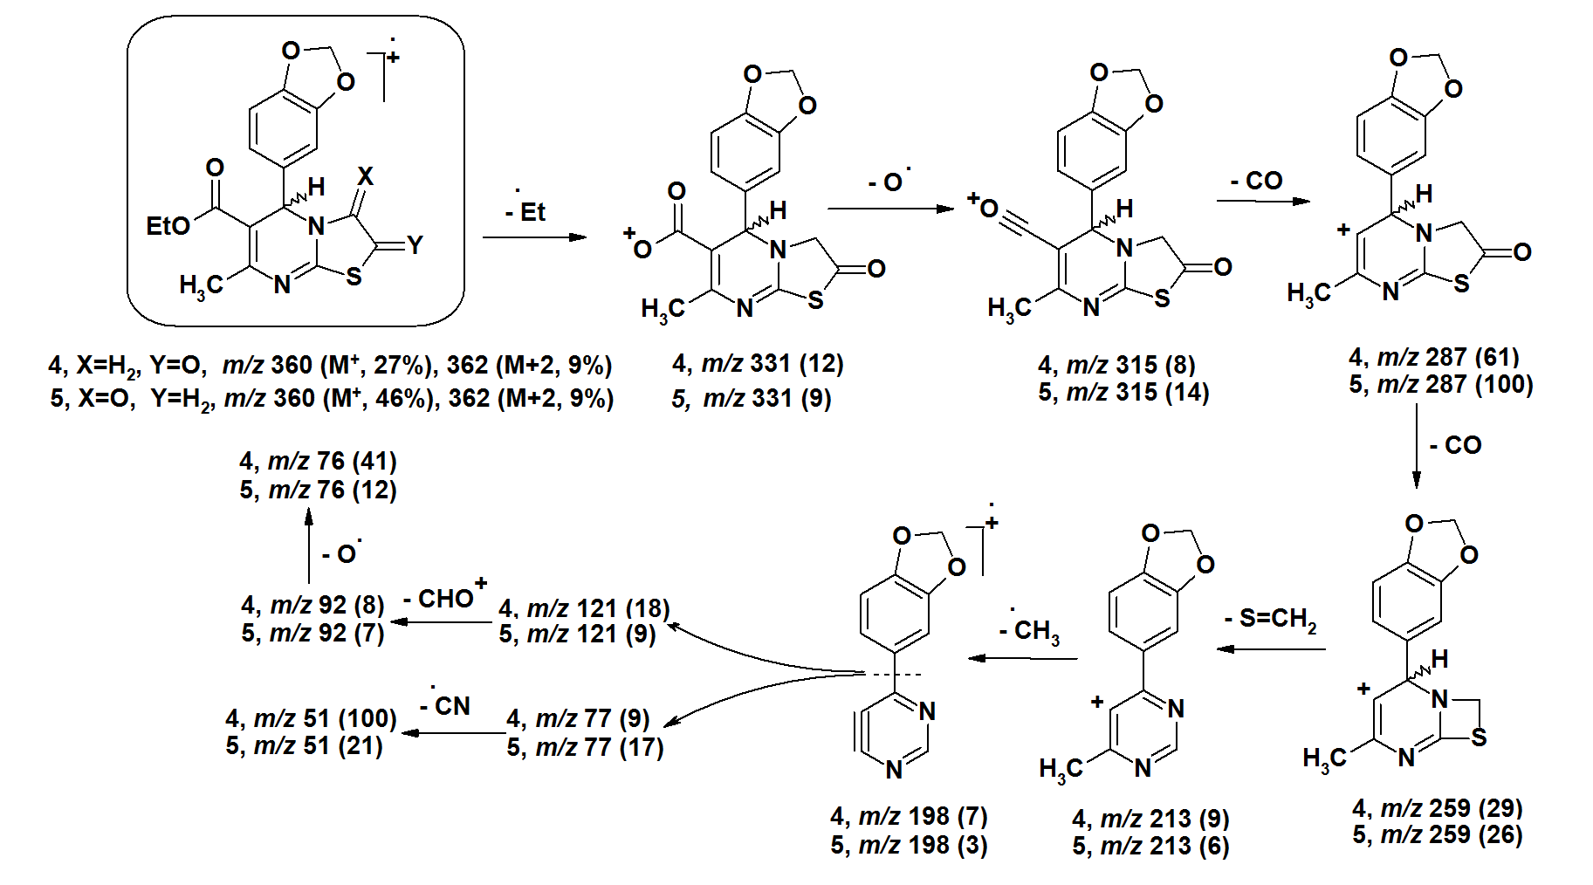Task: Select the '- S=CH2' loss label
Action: click(1271, 619)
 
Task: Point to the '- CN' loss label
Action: click(446, 704)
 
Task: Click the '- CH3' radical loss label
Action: click(1031, 630)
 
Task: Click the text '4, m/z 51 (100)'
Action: click(311, 718)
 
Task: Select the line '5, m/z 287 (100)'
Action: click(1440, 384)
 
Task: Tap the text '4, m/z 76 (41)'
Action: click(318, 461)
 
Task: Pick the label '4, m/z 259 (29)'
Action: click(1437, 807)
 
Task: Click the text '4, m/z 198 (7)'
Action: click(909, 816)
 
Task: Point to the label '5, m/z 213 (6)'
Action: click(1150, 846)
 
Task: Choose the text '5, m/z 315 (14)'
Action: click(1123, 392)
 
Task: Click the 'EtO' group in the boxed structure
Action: click(168, 226)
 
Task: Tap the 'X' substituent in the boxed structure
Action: click(365, 176)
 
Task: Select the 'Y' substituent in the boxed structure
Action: click(415, 245)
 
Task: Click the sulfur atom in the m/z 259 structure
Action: click(1478, 737)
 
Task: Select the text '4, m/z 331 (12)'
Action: click(758, 363)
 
